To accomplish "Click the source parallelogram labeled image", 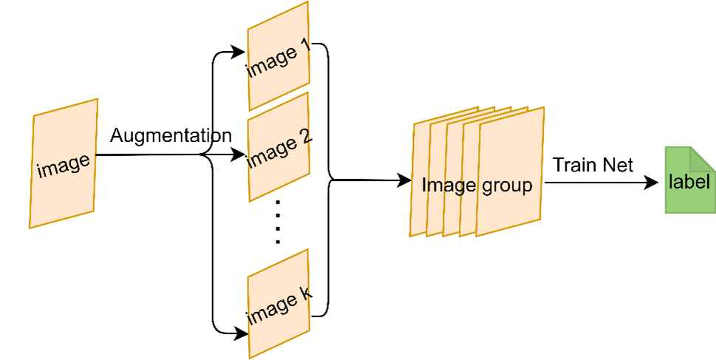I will (64, 163).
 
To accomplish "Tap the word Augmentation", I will (170, 136).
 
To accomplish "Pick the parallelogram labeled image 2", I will (278, 147).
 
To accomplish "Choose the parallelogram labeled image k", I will (278, 304).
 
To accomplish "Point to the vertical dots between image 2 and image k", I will (278, 222).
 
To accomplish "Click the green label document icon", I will (687, 181).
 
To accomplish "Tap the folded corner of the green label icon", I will (701, 156).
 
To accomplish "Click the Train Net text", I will (593, 165).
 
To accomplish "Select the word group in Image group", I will (506, 186).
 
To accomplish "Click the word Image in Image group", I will (449, 186).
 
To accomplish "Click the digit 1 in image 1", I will (305, 52).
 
